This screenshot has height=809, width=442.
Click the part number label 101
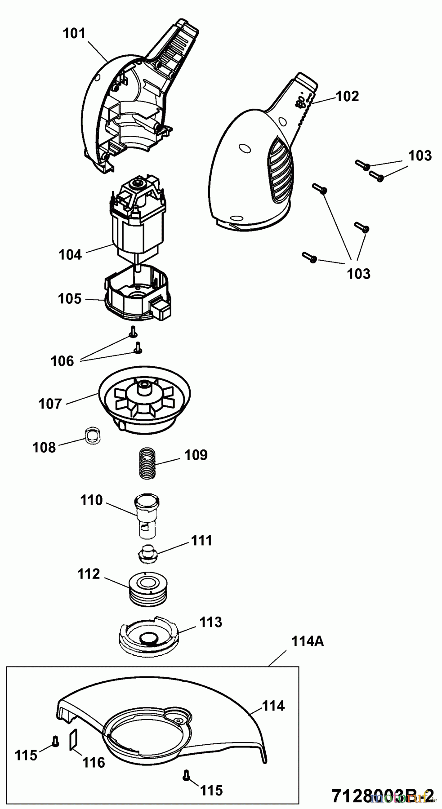tap(74, 33)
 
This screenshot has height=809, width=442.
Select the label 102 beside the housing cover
tap(348, 96)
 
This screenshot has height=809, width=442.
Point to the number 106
tap(62, 360)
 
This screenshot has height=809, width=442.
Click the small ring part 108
tap(93, 436)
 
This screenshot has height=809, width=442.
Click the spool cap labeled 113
tap(148, 636)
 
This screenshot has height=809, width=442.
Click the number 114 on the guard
tap(273, 706)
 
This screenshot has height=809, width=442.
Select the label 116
tap(94, 762)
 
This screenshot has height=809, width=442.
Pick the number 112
tap(88, 574)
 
